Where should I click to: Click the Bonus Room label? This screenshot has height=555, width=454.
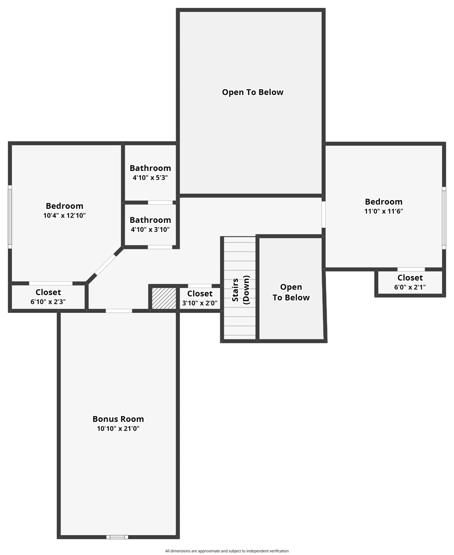[x=118, y=419]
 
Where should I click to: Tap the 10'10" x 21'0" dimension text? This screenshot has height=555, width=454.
[x=118, y=429]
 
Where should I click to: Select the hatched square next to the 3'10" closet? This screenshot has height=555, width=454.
[x=164, y=298]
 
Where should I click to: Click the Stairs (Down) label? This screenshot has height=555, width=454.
[x=240, y=290]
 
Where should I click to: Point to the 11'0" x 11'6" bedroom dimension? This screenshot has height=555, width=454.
[x=384, y=211]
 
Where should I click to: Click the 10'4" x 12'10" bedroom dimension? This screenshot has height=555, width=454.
[x=64, y=215]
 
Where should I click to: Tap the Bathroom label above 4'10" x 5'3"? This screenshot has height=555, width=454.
[x=150, y=168]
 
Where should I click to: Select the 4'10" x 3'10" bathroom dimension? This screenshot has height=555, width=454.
[x=150, y=229]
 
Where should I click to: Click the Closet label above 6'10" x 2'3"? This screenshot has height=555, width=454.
[x=48, y=292]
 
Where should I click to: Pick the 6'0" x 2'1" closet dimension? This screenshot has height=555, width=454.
[x=410, y=287]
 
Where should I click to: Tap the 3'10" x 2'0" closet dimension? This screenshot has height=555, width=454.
[x=200, y=303]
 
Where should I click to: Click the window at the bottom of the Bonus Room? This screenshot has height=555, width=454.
[x=117, y=537]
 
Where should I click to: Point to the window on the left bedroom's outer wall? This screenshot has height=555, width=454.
[x=10, y=217]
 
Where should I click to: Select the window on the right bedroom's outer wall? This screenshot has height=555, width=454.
[x=444, y=218]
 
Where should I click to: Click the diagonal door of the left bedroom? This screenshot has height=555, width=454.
[x=105, y=264]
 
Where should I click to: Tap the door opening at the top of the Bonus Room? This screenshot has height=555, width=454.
[x=119, y=311]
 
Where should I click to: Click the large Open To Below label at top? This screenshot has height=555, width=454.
[x=253, y=92]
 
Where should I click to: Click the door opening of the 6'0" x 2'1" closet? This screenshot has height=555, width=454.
[x=411, y=269]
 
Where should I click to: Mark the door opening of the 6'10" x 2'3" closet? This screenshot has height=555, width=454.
[x=51, y=283]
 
